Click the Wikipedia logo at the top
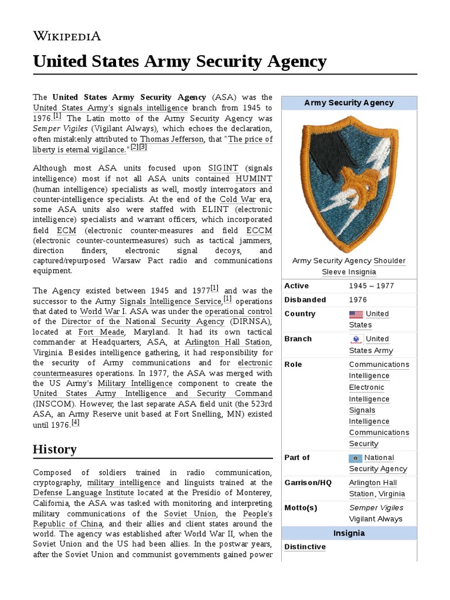(x=67, y=36)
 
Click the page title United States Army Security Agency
(x=179, y=61)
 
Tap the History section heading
(x=54, y=449)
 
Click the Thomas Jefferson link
(x=172, y=139)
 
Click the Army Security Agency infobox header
(x=349, y=103)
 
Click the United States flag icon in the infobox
(x=356, y=314)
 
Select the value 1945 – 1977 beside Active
(x=371, y=286)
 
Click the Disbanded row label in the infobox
(x=305, y=300)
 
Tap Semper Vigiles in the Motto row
(x=376, y=507)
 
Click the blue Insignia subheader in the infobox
(x=349, y=533)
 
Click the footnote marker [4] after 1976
(x=75, y=422)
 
